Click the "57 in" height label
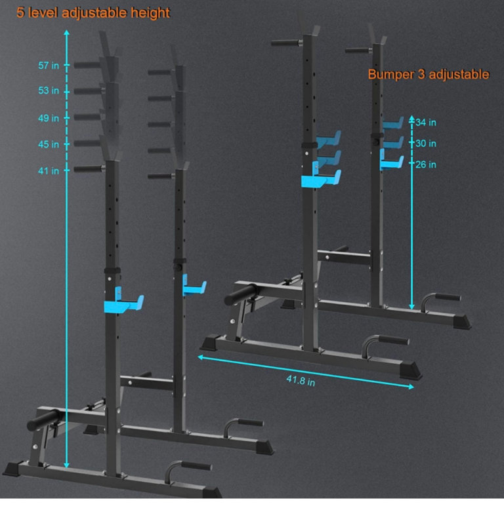(x=49, y=66)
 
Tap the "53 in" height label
(x=49, y=90)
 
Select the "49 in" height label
(x=49, y=118)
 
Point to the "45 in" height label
(x=49, y=144)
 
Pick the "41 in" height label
(x=49, y=170)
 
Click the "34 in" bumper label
(x=426, y=123)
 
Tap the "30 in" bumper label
(x=426, y=144)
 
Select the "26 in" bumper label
(x=426, y=165)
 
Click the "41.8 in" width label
(x=301, y=381)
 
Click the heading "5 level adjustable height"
(x=93, y=13)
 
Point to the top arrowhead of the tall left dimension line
(x=66, y=32)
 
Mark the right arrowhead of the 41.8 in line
(x=411, y=387)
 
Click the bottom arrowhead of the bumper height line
(x=411, y=307)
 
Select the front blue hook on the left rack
(x=123, y=302)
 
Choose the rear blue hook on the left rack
(x=194, y=286)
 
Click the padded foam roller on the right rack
(x=241, y=294)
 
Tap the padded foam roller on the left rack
(x=44, y=420)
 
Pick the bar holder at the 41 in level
(x=89, y=168)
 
